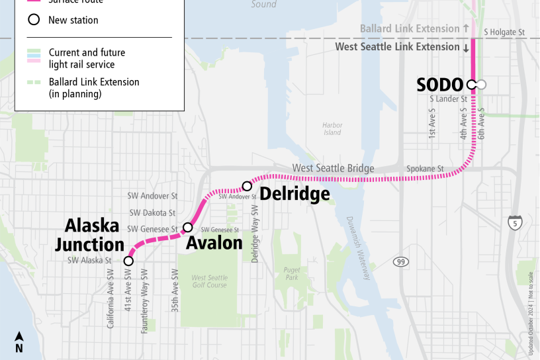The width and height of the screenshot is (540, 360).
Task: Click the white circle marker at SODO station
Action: tap(471, 84)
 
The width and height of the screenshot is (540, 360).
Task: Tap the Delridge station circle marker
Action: tap(247, 186)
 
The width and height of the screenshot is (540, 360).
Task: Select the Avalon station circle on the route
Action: tap(187, 227)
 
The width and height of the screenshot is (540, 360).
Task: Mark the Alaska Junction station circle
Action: tap(128, 261)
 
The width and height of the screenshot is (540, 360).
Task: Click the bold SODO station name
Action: tap(439, 85)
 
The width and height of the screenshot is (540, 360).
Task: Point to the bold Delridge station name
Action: tap(294, 194)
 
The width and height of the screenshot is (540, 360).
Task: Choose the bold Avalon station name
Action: tap(214, 243)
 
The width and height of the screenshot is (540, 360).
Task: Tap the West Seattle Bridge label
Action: tap(333, 169)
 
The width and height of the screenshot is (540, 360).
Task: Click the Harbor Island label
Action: tap(332, 128)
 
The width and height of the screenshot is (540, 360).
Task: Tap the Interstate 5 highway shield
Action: tap(514, 223)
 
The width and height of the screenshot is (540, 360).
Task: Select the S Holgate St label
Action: tap(504, 31)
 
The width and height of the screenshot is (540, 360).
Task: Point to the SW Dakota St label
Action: tap(153, 213)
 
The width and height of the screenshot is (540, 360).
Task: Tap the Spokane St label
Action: tap(439, 169)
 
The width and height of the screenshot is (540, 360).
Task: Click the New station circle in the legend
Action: tap(33, 20)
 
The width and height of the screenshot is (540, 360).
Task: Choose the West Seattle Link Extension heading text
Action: tap(397, 47)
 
